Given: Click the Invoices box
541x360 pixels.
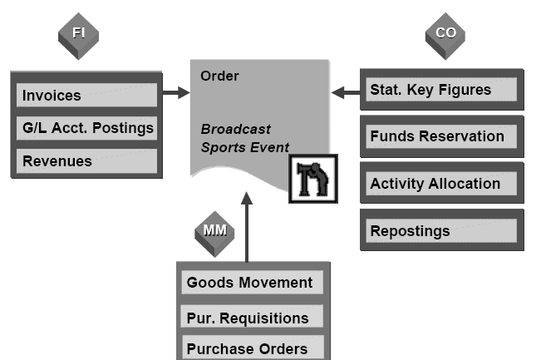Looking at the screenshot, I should click(86, 96).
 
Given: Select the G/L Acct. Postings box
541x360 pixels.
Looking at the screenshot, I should click(86, 128).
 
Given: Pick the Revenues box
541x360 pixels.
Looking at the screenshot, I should click(86, 160).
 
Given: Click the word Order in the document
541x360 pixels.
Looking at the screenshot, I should click(219, 76).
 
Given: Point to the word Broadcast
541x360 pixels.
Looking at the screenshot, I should click(235, 130).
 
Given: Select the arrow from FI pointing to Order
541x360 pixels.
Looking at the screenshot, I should click(176, 93).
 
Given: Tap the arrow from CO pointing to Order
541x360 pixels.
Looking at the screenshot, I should click(345, 91).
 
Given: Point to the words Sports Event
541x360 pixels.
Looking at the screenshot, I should click(244, 148).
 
